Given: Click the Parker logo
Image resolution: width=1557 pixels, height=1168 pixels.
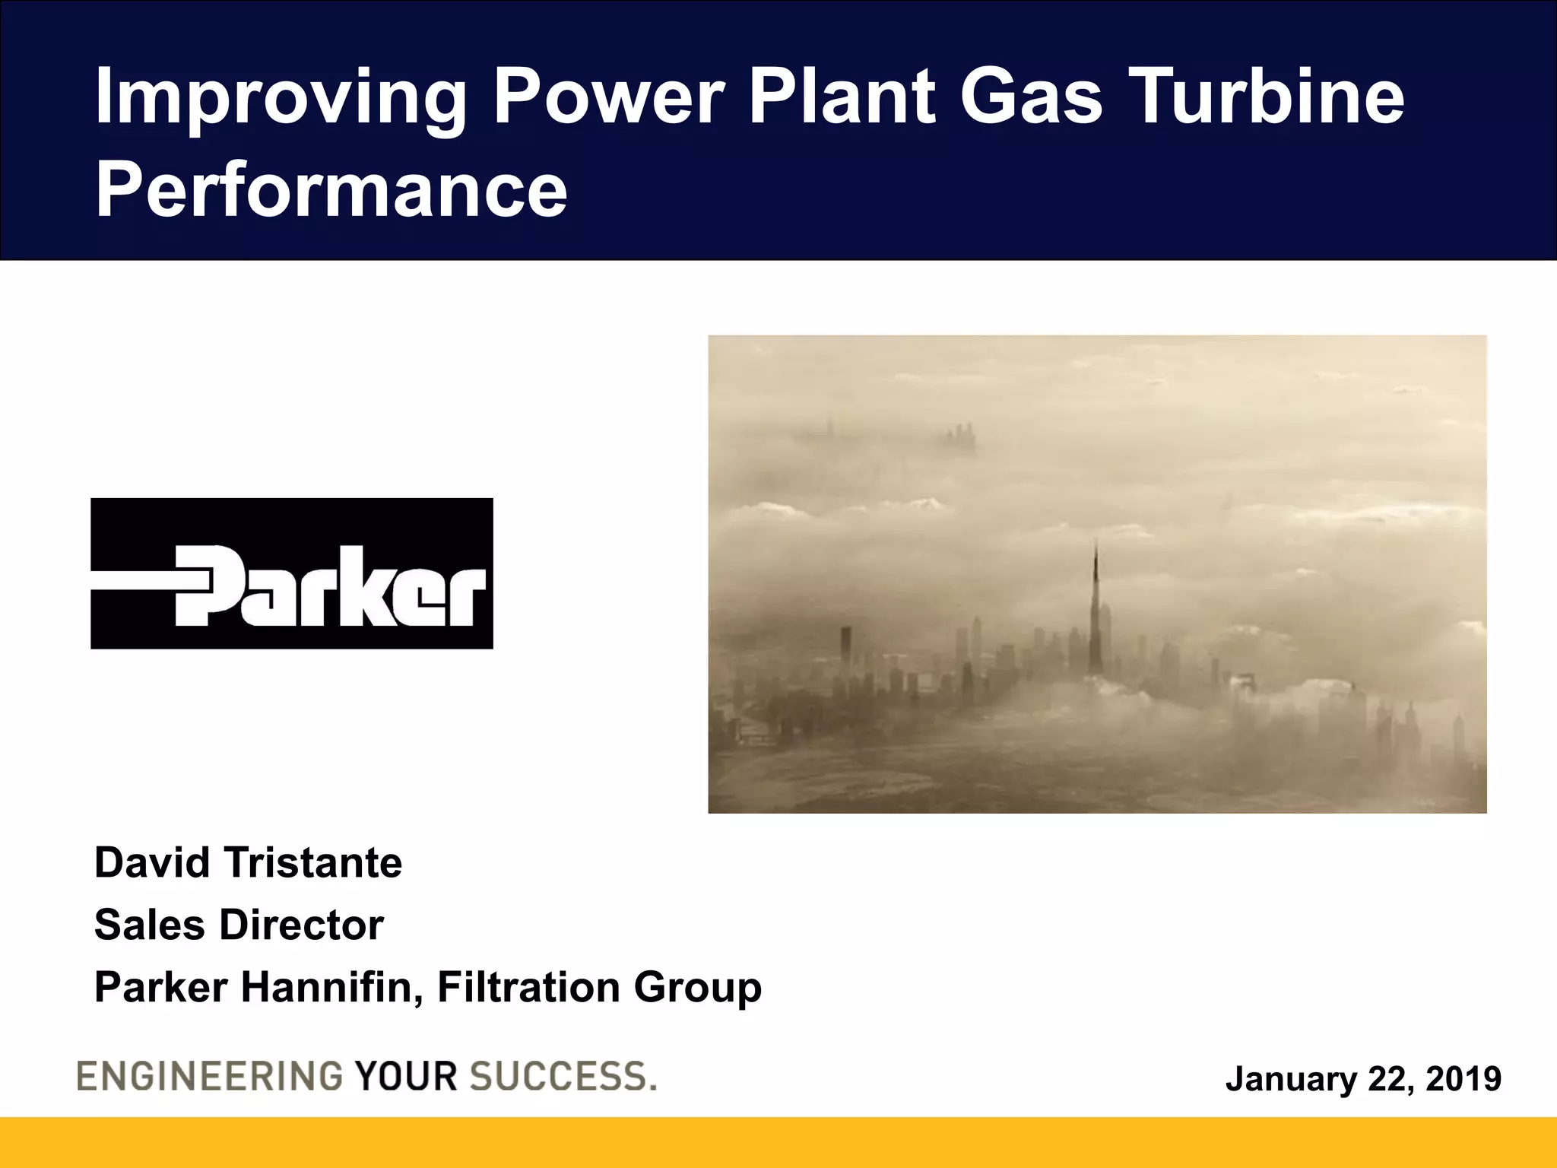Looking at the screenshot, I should [x=292, y=573].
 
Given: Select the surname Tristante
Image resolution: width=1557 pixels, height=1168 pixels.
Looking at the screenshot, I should [x=313, y=863].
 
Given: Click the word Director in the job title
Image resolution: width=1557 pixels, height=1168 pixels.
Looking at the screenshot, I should [x=301, y=925].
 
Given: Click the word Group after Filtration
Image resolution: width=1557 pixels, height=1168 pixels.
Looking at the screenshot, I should [x=697, y=989].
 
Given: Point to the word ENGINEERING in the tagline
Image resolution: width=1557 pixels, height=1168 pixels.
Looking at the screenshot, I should [x=210, y=1077].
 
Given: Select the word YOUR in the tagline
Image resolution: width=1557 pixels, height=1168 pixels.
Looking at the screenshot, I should [x=406, y=1077].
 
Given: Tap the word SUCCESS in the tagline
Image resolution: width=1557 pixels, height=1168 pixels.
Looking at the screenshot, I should [x=558, y=1077].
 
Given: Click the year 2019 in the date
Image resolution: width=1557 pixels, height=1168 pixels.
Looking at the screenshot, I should [x=1463, y=1079].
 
